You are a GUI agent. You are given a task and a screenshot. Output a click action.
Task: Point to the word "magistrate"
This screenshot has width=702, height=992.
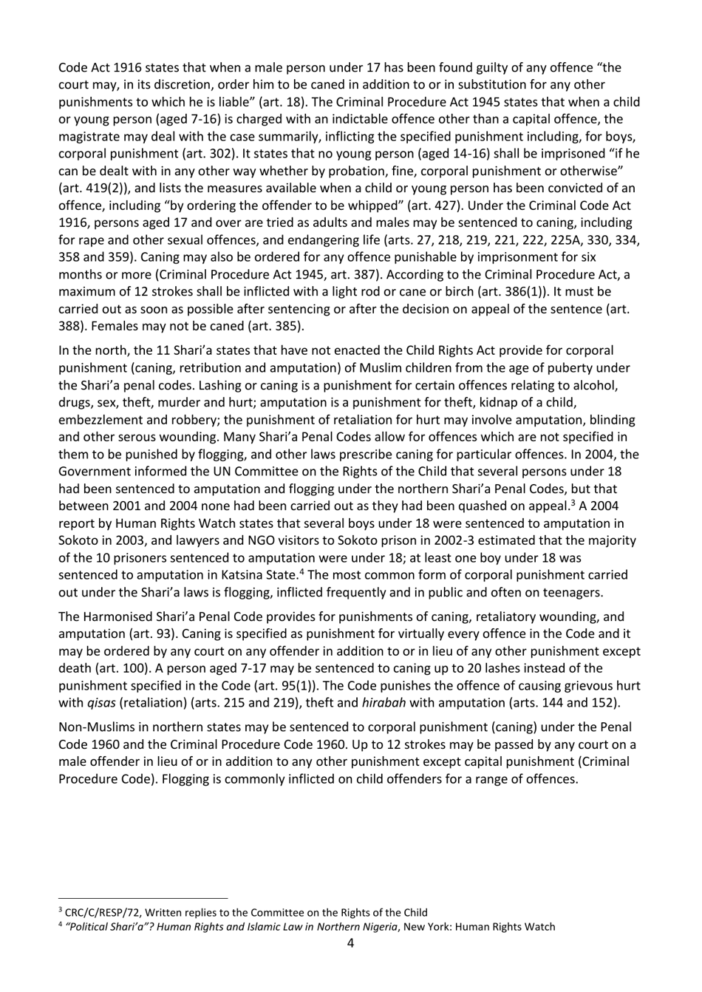point(89,136)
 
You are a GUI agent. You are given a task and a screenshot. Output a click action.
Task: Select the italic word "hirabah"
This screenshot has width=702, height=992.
point(386,703)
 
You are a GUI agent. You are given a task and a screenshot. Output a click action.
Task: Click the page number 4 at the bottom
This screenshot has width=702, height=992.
point(350,943)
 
